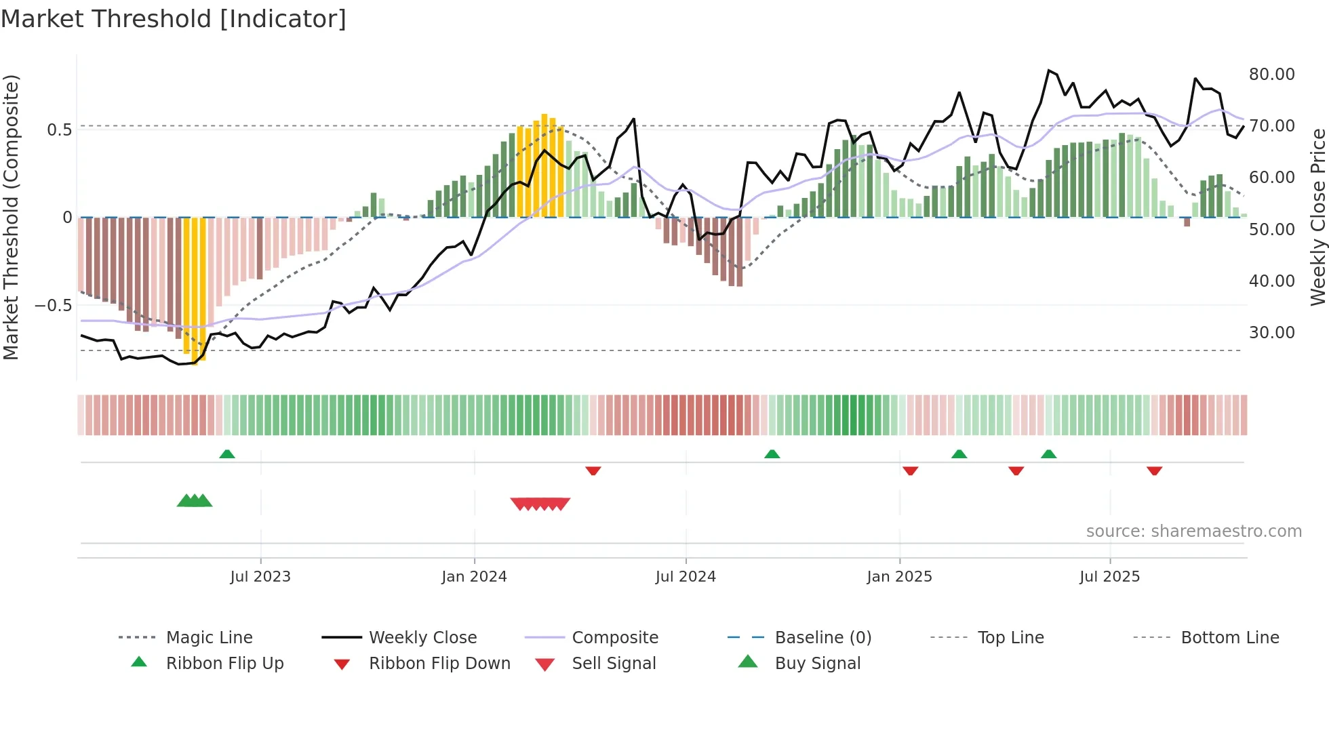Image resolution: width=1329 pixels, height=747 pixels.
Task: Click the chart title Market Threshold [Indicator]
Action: tap(174, 18)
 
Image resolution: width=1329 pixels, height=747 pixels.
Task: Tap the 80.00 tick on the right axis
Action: tap(1271, 74)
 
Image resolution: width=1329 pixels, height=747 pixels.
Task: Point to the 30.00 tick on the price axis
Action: tap(1271, 332)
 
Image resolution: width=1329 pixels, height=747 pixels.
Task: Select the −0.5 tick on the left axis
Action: tap(54, 305)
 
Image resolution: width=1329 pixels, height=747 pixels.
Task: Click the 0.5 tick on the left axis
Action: tap(59, 129)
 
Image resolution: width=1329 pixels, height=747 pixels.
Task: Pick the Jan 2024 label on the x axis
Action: tap(474, 577)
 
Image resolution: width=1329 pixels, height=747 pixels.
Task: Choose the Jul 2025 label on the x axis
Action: tap(1109, 577)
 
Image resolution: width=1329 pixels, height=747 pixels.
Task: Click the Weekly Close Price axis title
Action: tap(1317, 217)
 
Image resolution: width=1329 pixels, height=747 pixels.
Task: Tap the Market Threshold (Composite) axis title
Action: tap(11, 217)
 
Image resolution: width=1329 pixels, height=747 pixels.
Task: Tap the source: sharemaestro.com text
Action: tap(1193, 531)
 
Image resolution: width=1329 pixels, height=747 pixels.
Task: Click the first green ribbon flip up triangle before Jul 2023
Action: tap(227, 454)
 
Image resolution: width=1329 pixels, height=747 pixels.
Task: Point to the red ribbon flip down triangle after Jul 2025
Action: tap(1154, 470)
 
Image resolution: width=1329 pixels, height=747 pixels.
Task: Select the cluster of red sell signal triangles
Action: tap(540, 504)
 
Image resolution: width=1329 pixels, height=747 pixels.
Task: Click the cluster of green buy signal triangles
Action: tap(195, 501)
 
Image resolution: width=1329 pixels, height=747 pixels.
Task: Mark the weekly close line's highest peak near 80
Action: tap(1048, 70)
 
